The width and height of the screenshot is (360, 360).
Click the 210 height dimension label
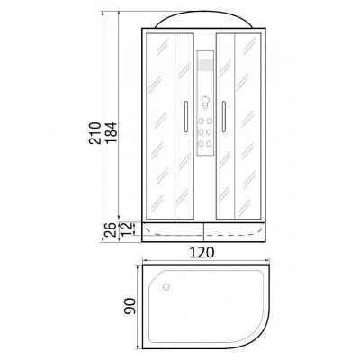click(x=94, y=133)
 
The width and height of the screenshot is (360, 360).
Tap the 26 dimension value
click(x=111, y=230)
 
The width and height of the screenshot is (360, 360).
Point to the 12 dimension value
click(x=127, y=229)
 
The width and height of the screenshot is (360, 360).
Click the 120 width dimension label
click(x=202, y=252)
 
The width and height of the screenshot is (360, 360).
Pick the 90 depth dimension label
click(x=130, y=306)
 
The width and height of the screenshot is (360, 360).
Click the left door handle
click(x=186, y=116)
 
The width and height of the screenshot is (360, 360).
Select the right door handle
click(x=224, y=116)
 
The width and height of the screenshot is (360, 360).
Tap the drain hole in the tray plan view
click(x=166, y=287)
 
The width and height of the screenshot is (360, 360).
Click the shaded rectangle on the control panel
click(x=205, y=66)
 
